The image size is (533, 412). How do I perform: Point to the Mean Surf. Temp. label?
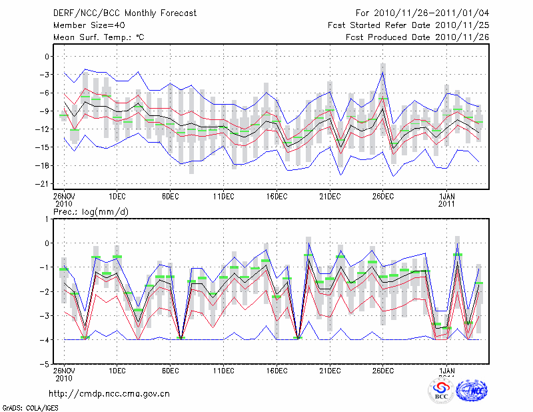coord(99,37)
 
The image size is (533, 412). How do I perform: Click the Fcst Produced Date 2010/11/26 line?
coord(418,37)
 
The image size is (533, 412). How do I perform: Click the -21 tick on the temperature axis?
coord(44,184)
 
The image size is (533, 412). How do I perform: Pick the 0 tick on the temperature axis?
coord(47,57)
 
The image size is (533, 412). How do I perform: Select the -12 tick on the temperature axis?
coord(44,129)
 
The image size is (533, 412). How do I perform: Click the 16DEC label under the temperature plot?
coord(276,197)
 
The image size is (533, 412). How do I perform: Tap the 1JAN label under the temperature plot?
coord(446,197)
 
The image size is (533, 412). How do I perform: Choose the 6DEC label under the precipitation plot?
coord(170,370)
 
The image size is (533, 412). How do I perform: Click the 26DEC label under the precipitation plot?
coord(383,370)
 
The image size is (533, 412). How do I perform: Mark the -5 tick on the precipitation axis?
coord(45,365)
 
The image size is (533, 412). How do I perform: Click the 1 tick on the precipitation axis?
coord(48,219)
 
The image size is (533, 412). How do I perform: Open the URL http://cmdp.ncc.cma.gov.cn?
coord(109,393)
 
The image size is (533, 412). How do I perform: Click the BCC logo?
coord(441,391)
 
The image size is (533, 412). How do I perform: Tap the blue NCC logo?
coord(472,390)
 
